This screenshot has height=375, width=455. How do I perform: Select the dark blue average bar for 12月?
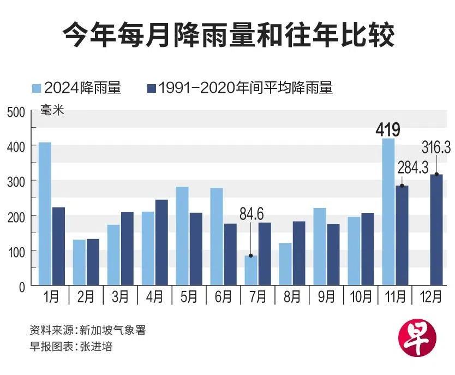pos(436,229)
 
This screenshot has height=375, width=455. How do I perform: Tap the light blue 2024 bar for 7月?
pos(250,270)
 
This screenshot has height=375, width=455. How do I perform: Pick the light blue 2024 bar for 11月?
pos(388,212)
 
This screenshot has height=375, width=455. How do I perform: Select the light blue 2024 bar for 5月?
pos(182,236)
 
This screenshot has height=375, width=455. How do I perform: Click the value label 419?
pos(388,130)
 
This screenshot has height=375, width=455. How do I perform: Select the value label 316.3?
pos(436,147)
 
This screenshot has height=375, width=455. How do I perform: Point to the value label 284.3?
pos(412,167)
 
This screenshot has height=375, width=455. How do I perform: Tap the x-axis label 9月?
pos(326,297)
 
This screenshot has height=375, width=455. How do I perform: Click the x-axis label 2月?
pos(86,297)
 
